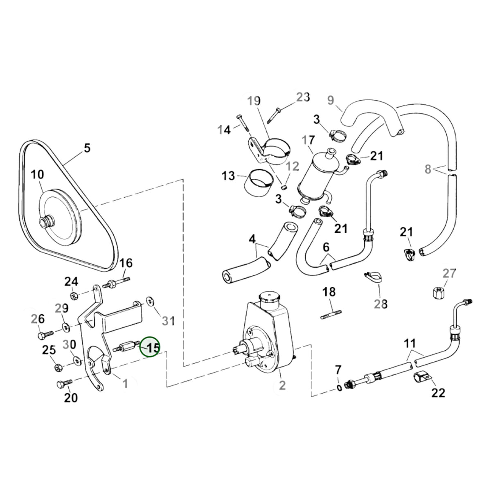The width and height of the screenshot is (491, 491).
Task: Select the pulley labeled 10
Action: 61,218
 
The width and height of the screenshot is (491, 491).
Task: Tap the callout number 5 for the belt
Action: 87,148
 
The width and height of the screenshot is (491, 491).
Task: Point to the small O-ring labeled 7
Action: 339,388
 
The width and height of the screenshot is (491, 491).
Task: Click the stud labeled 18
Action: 331,314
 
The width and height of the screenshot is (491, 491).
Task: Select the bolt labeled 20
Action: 64,383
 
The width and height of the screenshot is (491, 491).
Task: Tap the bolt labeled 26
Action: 45,335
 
